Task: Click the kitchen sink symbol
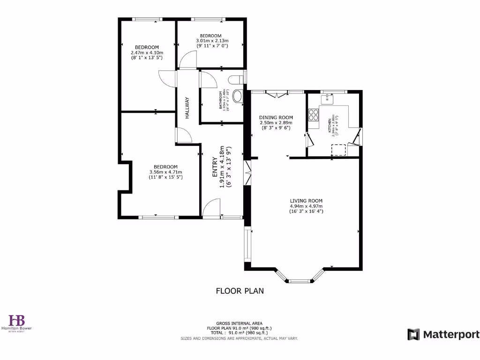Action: point(327,99)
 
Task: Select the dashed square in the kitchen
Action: point(339,150)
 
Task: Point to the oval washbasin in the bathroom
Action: point(239,97)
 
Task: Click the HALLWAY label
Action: point(187,107)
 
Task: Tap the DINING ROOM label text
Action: point(276,118)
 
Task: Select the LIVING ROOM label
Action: point(306,201)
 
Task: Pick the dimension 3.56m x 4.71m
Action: point(165,172)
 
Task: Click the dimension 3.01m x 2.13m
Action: point(210,41)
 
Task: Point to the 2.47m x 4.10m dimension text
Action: point(147,52)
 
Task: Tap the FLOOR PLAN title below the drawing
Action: point(240,291)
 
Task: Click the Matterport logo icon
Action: point(413,334)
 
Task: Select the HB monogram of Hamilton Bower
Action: point(17,320)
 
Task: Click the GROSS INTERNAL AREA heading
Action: point(240,323)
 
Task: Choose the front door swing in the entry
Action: point(212,207)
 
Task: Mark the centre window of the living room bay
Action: point(300,281)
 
